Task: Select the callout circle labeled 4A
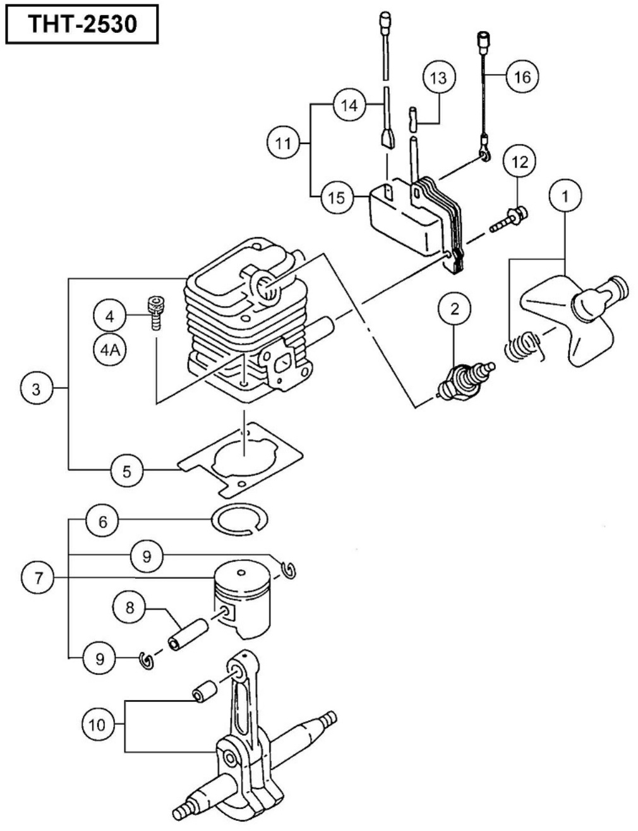110,349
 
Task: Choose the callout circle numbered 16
522,77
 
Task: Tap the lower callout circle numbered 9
99,659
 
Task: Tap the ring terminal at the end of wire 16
484,153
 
